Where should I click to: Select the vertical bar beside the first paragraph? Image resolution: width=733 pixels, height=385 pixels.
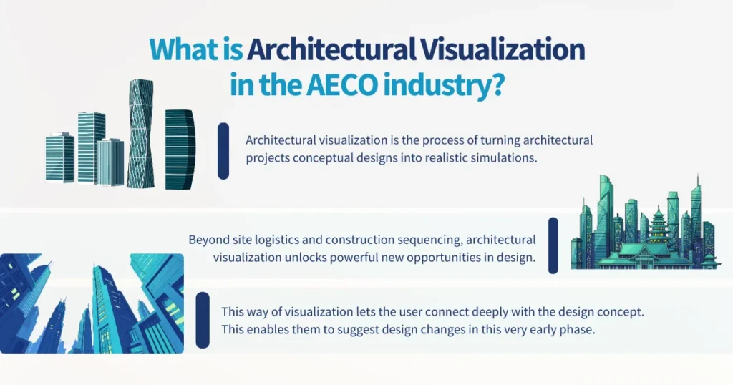click(x=223, y=150)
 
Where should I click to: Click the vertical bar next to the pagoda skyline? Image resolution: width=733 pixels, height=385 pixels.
click(x=553, y=245)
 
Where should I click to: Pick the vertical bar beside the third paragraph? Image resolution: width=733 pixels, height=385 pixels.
click(x=203, y=320)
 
